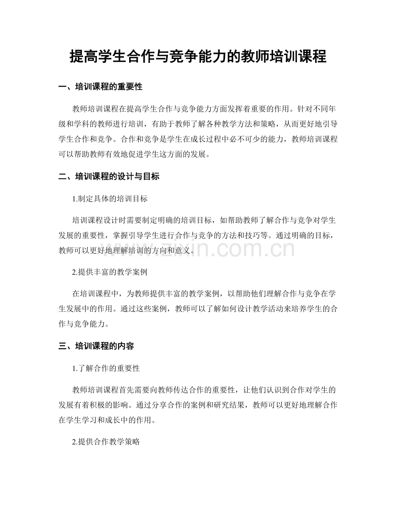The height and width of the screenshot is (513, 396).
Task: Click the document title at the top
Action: [x=198, y=56]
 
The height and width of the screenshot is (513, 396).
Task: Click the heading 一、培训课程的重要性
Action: [x=100, y=87]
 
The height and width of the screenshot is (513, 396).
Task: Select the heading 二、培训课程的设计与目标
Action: [x=108, y=176]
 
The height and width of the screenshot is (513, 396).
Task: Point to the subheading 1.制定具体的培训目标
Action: [x=111, y=199]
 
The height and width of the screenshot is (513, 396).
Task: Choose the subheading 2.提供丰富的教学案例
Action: [x=111, y=272]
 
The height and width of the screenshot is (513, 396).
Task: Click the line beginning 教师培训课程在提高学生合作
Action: [x=204, y=107]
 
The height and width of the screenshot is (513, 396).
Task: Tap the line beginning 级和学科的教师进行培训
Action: [x=198, y=124]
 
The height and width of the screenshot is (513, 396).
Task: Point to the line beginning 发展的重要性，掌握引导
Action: [x=198, y=235]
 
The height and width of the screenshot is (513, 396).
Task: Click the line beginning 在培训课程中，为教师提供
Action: [x=204, y=294]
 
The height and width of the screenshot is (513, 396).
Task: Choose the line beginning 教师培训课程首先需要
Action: [x=204, y=389]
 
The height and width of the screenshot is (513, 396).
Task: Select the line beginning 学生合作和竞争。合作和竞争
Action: [x=198, y=139]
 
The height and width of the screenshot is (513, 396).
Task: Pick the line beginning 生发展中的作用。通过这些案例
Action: [x=198, y=308]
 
